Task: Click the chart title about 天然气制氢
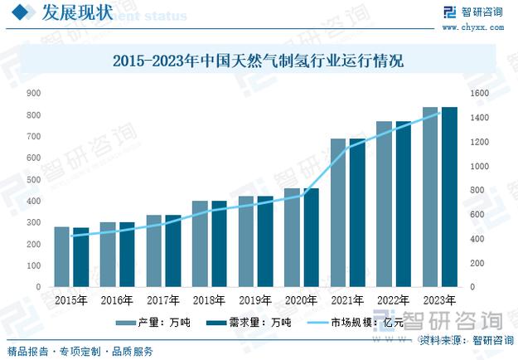pos(258,61)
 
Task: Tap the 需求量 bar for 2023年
pos(449,197)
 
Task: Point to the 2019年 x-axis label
pos(254,300)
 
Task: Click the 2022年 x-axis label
pos(393,300)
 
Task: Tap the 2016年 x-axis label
pos(117,300)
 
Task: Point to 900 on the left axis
pos(34,94)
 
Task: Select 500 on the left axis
pos(34,180)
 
